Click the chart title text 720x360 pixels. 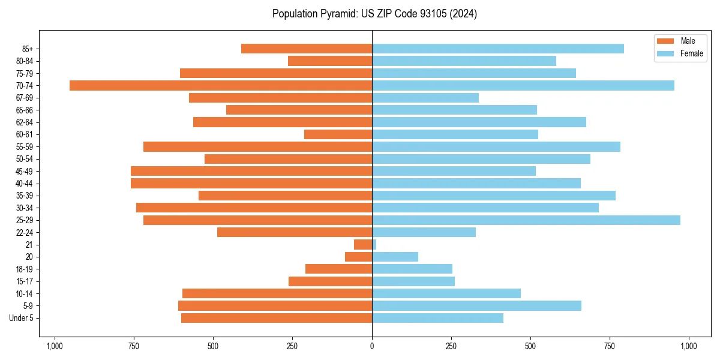click(x=374, y=14)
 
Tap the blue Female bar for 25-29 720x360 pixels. click(x=526, y=220)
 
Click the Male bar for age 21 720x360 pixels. click(x=363, y=245)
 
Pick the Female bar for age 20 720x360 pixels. click(x=395, y=257)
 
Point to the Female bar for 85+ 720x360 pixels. click(x=497, y=49)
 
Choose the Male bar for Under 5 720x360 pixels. click(x=276, y=318)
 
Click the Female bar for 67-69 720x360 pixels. click(x=425, y=98)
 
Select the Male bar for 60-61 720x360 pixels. click(x=338, y=134)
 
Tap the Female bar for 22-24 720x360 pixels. click(x=424, y=232)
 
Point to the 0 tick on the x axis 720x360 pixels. click(x=372, y=346)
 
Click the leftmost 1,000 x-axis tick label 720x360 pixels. click(x=55, y=346)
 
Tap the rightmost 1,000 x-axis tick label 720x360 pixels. click(x=688, y=346)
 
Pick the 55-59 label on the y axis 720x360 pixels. click(x=25, y=147)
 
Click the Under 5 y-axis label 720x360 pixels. click(x=21, y=318)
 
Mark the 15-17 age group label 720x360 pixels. click(x=25, y=281)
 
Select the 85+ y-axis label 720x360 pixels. click(x=28, y=49)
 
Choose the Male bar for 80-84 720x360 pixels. click(x=330, y=61)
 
